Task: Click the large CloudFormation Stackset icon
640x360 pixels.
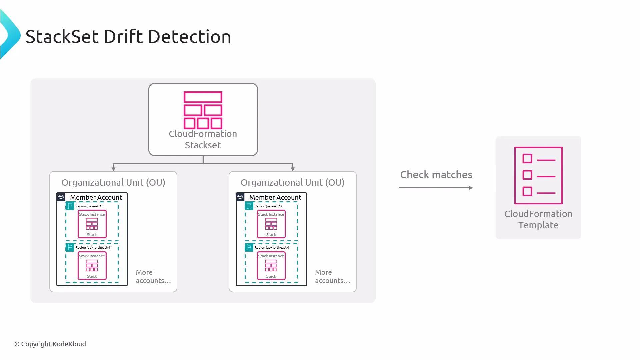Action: click(x=203, y=110)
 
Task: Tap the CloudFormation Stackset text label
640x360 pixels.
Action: click(x=203, y=139)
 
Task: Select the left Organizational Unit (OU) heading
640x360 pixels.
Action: click(x=113, y=183)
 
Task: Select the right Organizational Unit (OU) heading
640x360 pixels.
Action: click(x=292, y=183)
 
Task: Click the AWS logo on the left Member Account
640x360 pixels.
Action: click(x=61, y=197)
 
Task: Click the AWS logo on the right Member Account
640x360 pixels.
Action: click(x=240, y=197)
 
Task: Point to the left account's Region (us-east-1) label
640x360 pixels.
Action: click(x=89, y=206)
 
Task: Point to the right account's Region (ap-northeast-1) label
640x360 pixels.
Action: click(x=272, y=248)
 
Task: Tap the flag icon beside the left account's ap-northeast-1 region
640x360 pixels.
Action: click(x=70, y=247)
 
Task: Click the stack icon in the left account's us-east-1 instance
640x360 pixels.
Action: click(x=92, y=224)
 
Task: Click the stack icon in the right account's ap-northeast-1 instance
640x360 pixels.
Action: click(x=271, y=265)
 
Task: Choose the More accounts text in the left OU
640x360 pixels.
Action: click(x=153, y=276)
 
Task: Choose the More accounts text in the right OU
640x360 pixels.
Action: click(x=332, y=276)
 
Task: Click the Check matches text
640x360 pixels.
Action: click(x=436, y=175)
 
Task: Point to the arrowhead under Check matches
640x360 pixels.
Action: click(x=471, y=188)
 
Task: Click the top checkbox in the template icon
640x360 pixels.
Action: click(x=527, y=159)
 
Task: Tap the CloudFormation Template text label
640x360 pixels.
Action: click(x=538, y=219)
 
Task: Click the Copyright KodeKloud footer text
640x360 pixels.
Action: click(x=50, y=344)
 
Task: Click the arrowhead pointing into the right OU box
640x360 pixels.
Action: click(x=293, y=169)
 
